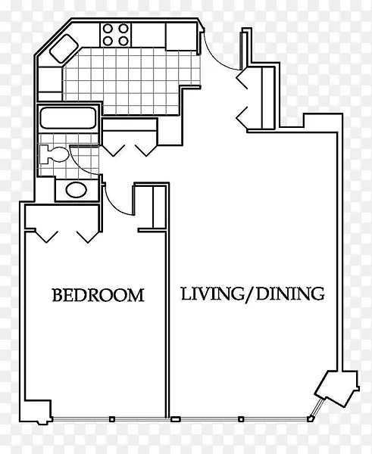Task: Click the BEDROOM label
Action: pos(98,295)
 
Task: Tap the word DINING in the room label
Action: pos(290,294)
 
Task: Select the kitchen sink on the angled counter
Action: pos(64,48)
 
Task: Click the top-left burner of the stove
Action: pos(108,29)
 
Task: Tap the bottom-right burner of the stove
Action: pos(123,41)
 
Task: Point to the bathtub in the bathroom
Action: pos(68,117)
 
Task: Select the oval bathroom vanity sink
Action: pos(77,190)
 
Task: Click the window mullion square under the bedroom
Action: pos(112,419)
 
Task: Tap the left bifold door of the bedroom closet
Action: pos(46,236)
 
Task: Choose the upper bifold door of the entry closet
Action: pos(242,78)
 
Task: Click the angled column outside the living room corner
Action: pos(337,389)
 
